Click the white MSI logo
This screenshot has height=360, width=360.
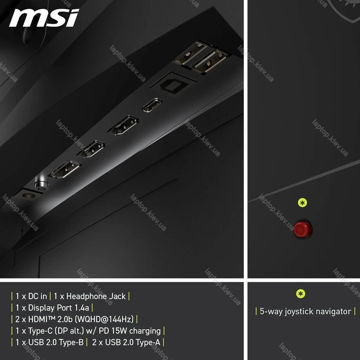44,18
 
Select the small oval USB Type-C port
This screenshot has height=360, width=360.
152,105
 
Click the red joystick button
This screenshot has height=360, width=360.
303,229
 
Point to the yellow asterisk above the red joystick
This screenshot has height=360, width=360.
302,203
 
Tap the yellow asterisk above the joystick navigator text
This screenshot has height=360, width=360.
301,294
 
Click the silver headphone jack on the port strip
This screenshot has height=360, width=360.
41,183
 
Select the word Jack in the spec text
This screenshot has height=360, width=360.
117,297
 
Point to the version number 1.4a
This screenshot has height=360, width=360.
82,308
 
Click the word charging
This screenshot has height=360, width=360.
145,331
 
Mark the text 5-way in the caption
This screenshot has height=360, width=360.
271,312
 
